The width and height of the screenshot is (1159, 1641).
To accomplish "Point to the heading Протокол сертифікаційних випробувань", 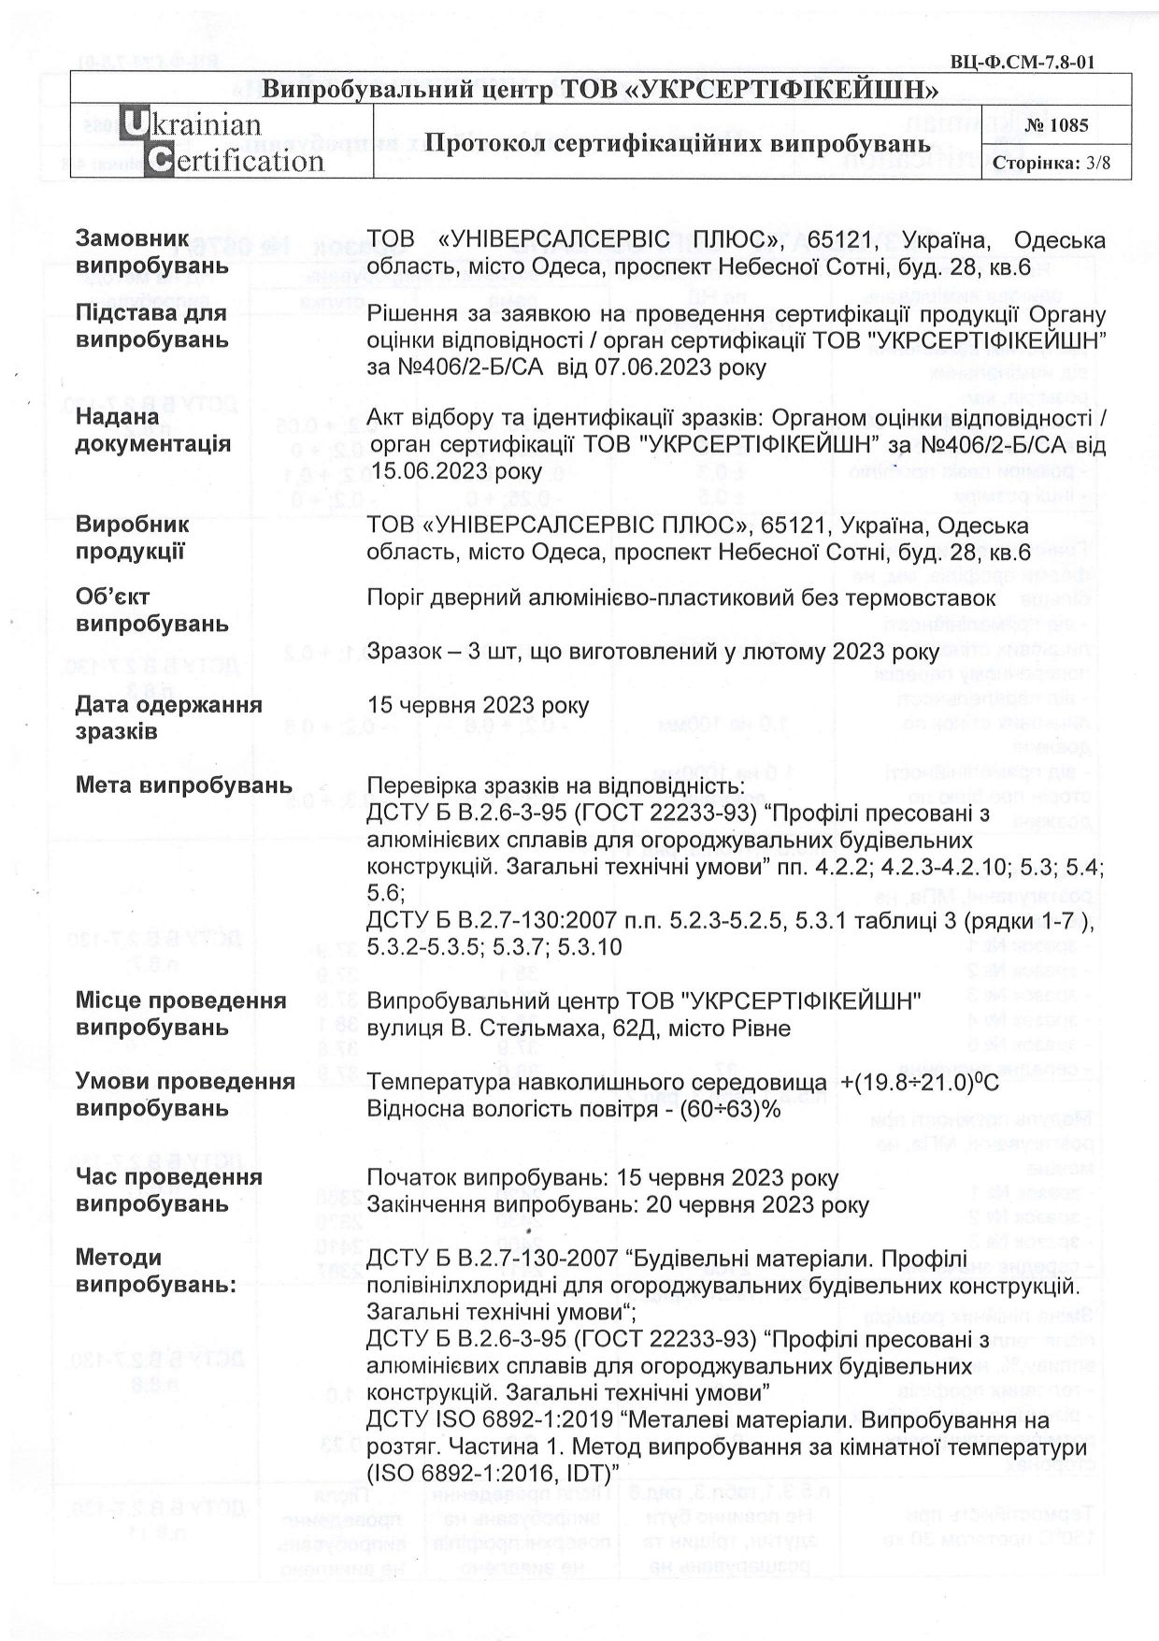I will click(677, 143).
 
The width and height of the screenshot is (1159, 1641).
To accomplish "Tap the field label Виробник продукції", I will click(132, 538).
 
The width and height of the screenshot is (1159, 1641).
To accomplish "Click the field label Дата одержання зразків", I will click(168, 717).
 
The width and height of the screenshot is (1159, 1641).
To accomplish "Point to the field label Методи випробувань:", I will click(155, 1271).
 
